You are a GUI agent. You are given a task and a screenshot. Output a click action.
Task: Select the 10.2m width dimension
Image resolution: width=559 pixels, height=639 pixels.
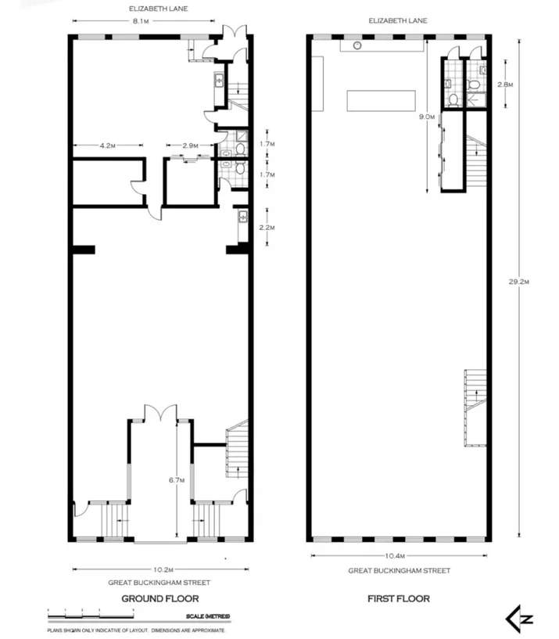click(163, 569)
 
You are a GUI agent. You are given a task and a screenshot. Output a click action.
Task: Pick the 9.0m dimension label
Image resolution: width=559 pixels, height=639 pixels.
click(426, 117)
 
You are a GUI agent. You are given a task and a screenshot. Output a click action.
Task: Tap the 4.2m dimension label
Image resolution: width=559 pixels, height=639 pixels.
click(107, 145)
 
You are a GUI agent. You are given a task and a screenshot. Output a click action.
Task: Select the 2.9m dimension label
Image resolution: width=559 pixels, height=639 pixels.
click(190, 145)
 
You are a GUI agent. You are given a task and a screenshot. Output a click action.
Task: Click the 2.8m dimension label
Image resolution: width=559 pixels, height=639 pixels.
click(504, 84)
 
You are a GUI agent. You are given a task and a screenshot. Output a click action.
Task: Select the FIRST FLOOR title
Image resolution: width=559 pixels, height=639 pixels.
click(399, 598)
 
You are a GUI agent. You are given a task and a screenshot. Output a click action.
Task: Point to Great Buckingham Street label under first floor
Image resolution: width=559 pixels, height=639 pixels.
click(399, 571)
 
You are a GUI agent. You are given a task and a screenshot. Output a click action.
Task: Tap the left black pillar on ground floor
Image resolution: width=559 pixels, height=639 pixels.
click(83, 249)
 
